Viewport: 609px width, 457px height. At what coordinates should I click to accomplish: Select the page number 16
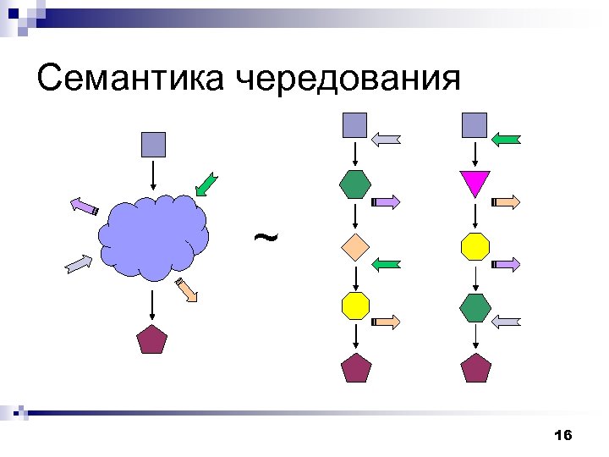[x=562, y=435]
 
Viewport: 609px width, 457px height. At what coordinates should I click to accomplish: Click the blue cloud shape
[x=153, y=237]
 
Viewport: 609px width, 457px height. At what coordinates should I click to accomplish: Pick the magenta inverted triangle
[x=475, y=183]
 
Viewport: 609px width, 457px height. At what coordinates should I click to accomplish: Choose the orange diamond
[x=354, y=247]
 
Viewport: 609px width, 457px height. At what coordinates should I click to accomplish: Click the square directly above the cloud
[x=153, y=144]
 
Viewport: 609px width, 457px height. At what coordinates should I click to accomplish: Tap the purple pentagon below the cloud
[x=152, y=339]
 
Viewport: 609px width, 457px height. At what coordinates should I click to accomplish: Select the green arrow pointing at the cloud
[x=206, y=185]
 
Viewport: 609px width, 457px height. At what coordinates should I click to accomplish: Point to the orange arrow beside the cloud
[x=187, y=289]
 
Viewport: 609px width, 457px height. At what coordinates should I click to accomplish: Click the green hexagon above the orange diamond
[x=354, y=184]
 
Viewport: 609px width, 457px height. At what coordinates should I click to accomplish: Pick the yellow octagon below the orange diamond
[x=355, y=306]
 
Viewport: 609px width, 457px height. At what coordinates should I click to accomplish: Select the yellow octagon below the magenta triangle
[x=475, y=246]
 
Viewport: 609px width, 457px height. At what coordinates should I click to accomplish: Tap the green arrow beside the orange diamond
[x=387, y=266]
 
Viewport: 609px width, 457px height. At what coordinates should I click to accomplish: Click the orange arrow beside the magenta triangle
[x=507, y=202]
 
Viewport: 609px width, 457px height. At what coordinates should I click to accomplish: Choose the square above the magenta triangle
[x=475, y=125]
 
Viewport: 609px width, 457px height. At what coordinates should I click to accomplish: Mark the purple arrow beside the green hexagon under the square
[x=387, y=202]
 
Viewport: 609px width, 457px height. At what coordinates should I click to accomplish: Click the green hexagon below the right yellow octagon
[x=475, y=307]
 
